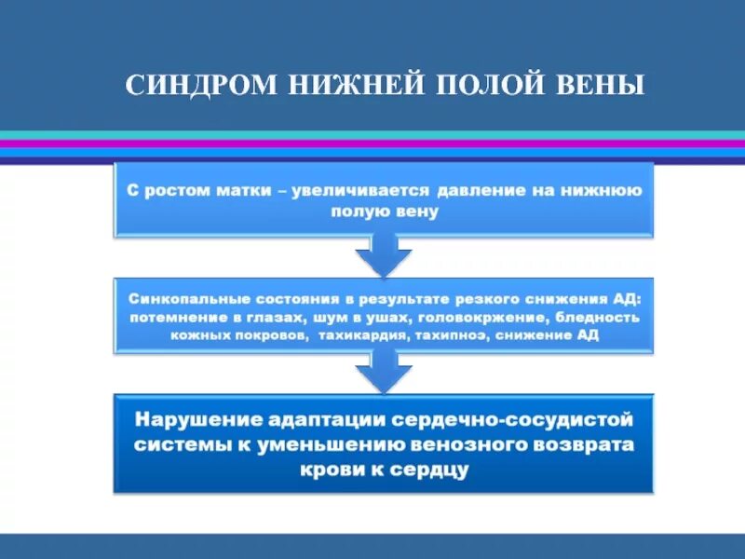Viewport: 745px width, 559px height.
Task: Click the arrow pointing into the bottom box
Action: click(382, 373)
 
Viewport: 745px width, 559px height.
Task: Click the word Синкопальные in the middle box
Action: click(173, 300)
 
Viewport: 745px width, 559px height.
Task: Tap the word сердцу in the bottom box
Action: click(425, 470)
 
